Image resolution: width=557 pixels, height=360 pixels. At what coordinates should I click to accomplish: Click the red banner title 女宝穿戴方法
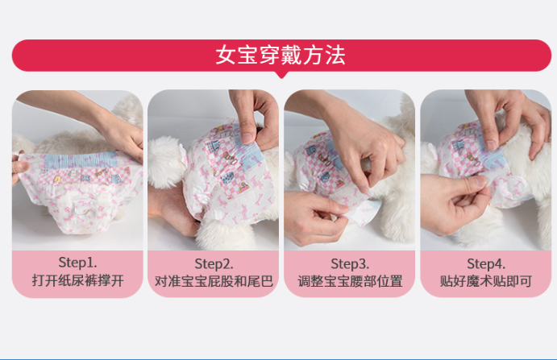click(281, 55)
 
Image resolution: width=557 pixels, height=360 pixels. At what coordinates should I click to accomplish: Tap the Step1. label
click(77, 263)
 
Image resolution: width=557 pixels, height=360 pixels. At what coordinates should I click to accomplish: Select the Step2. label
click(214, 264)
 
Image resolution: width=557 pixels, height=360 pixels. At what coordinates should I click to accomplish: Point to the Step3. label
click(350, 264)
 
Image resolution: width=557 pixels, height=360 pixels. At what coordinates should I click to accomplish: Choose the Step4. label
click(485, 264)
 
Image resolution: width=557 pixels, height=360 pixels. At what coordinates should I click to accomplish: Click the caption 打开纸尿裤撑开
click(78, 280)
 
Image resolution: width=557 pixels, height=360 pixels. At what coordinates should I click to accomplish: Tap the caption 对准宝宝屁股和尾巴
click(214, 281)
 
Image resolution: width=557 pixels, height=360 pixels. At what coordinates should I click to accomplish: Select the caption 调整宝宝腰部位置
click(350, 281)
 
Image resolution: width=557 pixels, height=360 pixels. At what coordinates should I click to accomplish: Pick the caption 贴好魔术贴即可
click(485, 281)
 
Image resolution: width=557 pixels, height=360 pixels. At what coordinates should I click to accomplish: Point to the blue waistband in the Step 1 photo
click(81, 159)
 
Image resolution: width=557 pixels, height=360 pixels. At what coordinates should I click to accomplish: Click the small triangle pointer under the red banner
click(281, 75)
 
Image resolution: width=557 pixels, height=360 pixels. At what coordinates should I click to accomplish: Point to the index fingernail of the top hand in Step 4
click(491, 145)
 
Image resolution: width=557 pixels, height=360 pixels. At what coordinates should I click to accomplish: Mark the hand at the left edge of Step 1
click(19, 168)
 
